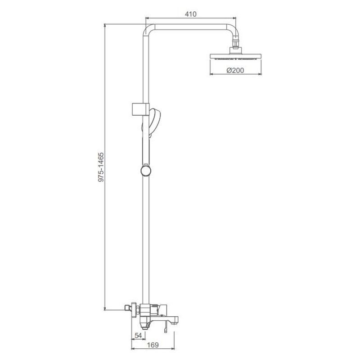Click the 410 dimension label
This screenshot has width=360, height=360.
point(190,14)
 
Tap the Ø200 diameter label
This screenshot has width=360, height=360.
point(235,70)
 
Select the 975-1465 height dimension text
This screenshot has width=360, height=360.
point(101,167)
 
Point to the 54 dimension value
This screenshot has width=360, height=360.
point(138,335)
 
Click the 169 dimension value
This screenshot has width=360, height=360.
point(153,345)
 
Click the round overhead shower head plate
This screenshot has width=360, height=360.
point(235,56)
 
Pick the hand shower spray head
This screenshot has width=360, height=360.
point(154,121)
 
